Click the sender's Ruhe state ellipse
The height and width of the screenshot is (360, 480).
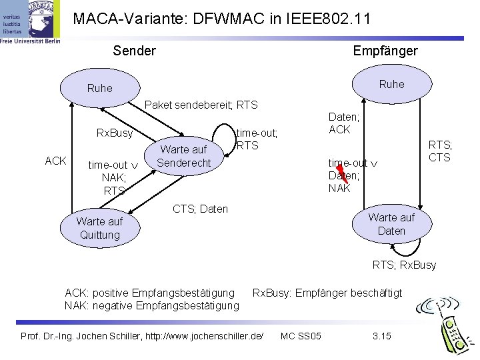pos(100,88)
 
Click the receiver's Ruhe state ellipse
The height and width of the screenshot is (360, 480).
pos(392,84)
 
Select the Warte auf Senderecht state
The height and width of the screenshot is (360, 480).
pos(184,156)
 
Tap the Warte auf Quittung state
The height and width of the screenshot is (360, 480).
pos(100,228)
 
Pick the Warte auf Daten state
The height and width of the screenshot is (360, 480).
pos(392,224)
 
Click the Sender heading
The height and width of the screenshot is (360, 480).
pos(135,51)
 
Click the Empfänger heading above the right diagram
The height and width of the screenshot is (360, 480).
pos(385,51)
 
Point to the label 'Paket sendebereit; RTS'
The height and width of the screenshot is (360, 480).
pos(201,105)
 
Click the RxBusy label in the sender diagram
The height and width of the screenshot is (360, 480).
pos(115,133)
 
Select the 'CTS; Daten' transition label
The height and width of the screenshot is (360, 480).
pos(200,209)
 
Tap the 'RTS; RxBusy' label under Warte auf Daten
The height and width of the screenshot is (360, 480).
pos(405,265)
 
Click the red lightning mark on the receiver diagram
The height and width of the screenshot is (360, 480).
pos(342,173)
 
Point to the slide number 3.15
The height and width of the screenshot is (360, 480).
pos(382,336)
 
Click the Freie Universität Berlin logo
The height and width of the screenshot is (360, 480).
pos(30,22)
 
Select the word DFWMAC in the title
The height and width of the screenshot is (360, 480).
pos(229,19)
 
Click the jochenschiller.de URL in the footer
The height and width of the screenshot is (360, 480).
pos(204,336)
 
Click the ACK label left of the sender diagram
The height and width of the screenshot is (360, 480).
pos(55,161)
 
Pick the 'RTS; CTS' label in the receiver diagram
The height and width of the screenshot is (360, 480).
pos(440,151)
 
